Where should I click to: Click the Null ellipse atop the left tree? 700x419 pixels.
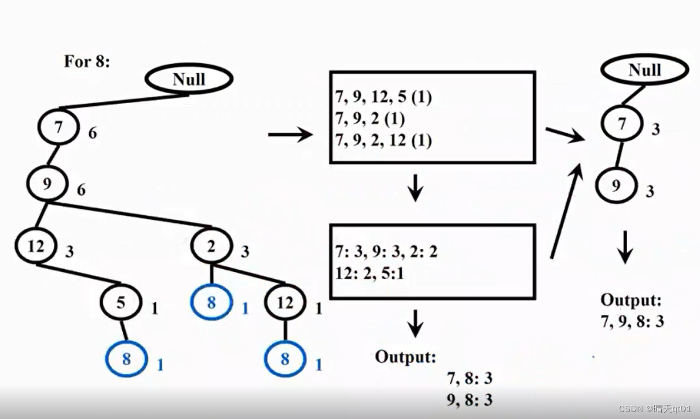[189, 79]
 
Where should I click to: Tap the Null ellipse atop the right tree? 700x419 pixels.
[644, 70]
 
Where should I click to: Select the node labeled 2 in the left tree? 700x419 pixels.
[211, 247]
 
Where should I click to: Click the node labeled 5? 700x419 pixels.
[120, 302]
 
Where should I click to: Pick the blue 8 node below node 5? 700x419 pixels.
[126, 359]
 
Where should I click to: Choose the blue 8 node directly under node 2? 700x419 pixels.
[211, 302]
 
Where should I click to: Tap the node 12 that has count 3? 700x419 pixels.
[36, 247]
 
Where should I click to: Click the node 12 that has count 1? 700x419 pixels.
[285, 303]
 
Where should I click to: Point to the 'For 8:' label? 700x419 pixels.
[86, 61]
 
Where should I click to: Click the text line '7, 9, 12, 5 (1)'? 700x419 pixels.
[383, 97]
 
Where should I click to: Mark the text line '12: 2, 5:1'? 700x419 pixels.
[369, 273]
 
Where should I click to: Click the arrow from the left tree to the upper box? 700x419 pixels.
[289, 135]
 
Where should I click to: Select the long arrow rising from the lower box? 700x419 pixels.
[565, 212]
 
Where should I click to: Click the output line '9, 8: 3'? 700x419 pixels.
[469, 399]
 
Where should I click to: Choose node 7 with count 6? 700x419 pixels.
[58, 128]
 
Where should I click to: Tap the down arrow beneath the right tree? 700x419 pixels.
[625, 247]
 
